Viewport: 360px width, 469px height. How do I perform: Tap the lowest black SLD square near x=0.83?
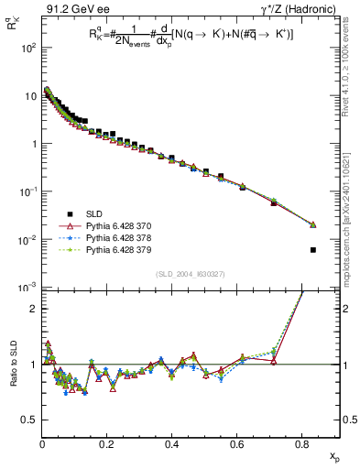point(313,250)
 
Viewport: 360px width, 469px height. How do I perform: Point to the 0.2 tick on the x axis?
point(107,443)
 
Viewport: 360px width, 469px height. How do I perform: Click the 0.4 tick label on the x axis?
point(172,443)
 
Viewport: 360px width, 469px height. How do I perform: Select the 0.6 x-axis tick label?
point(237,443)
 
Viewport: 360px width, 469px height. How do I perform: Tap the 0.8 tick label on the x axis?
point(302,443)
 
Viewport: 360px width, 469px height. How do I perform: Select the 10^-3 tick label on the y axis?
point(26,288)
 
